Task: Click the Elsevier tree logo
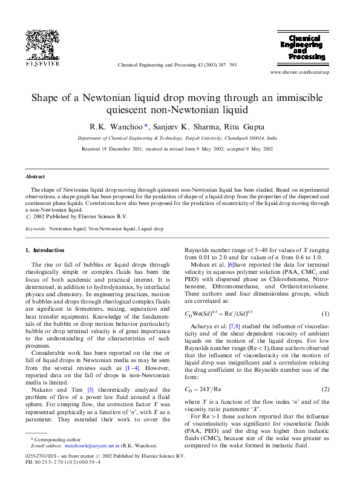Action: (42, 46)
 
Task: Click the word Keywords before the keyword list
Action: (36, 230)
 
